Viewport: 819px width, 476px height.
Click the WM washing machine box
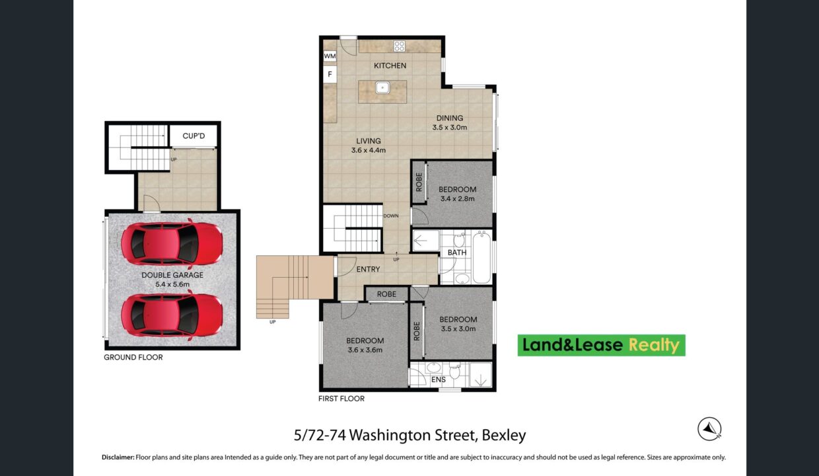tap(330, 56)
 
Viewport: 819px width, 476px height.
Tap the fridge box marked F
tap(330, 74)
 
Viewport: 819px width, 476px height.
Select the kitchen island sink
tap(382, 88)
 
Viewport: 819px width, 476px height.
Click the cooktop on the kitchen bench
tap(399, 46)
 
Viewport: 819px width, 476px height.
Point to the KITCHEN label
tap(390, 65)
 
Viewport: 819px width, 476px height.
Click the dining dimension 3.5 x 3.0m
tap(449, 128)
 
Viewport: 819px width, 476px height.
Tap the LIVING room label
tap(368, 141)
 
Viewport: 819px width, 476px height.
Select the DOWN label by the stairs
tap(391, 216)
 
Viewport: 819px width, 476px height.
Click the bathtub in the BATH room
tap(481, 257)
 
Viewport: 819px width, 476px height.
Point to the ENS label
tap(439, 379)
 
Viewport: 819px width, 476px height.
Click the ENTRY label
tap(368, 269)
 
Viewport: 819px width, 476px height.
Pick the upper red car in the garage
tap(172, 244)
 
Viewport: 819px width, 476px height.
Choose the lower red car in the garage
tap(172, 315)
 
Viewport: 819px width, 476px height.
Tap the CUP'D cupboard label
tap(194, 136)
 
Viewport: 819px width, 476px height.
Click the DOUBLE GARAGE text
tap(172, 275)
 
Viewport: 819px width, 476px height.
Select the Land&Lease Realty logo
tap(602, 345)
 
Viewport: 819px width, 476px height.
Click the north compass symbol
tap(709, 429)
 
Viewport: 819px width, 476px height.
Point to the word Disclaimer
tap(118, 457)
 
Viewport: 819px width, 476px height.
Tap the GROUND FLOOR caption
tap(133, 357)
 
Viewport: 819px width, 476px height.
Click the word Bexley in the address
tap(504, 435)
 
